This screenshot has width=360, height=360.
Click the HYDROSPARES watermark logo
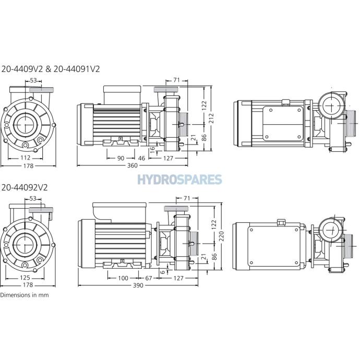click(x=180, y=179)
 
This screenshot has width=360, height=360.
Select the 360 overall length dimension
click(x=132, y=165)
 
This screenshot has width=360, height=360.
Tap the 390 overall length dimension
click(x=138, y=285)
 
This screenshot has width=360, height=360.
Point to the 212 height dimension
click(x=211, y=118)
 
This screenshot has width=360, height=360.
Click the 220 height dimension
click(x=221, y=236)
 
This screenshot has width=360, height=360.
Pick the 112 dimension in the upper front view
click(x=25, y=158)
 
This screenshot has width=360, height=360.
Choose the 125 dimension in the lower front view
click(x=25, y=278)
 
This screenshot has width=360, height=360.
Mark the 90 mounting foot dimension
click(x=121, y=158)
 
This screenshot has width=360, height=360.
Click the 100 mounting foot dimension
click(x=123, y=278)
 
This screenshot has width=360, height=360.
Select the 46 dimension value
click(x=142, y=158)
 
